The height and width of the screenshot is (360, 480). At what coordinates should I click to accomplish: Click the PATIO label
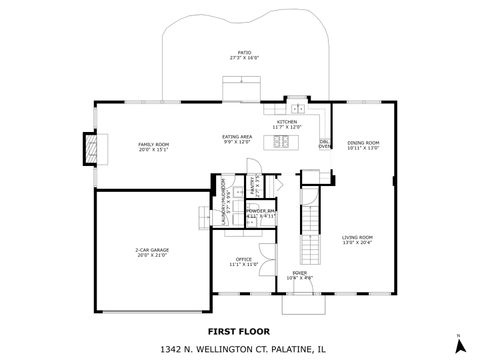click(x=244, y=52)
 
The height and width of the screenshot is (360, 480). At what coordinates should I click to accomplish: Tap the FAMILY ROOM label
click(x=153, y=144)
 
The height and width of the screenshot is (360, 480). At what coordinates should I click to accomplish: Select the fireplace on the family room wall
click(x=92, y=150)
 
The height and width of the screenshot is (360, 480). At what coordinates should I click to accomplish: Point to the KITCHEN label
click(x=287, y=122)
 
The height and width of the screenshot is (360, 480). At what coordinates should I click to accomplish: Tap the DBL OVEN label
click(x=325, y=145)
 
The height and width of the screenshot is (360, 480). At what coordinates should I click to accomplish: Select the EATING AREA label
click(x=237, y=136)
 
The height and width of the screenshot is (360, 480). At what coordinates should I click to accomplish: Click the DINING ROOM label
click(x=363, y=143)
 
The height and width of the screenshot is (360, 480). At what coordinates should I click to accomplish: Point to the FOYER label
click(x=299, y=273)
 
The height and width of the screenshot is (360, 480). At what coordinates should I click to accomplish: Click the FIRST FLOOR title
click(x=240, y=329)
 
